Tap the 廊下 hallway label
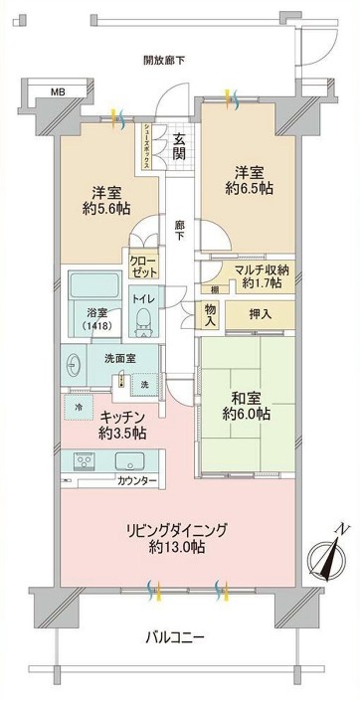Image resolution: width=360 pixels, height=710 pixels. coord(178,227)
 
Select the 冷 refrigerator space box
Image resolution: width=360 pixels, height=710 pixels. coord(78,406)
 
